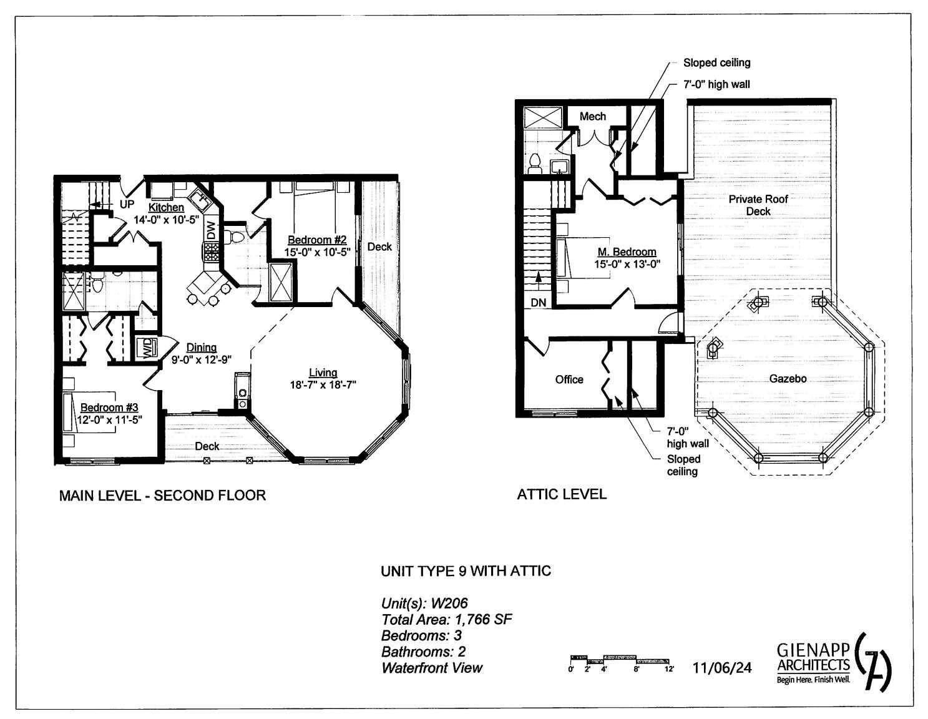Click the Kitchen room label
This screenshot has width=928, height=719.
166,207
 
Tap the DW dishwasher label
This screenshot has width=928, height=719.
211,230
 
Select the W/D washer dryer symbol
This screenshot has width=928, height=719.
147,348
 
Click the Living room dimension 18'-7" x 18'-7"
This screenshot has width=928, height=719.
323,384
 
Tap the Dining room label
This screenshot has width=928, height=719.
202,348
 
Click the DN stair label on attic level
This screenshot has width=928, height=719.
539,303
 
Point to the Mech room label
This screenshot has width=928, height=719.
592,117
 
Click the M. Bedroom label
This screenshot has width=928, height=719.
627,252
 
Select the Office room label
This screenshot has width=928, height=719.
569,379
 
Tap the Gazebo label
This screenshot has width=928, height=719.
788,379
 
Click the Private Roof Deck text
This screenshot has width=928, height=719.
758,205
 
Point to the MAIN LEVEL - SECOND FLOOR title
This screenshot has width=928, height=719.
162,496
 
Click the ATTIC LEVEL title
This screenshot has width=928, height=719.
562,495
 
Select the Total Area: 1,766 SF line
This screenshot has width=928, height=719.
447,620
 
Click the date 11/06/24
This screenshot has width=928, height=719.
722,668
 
